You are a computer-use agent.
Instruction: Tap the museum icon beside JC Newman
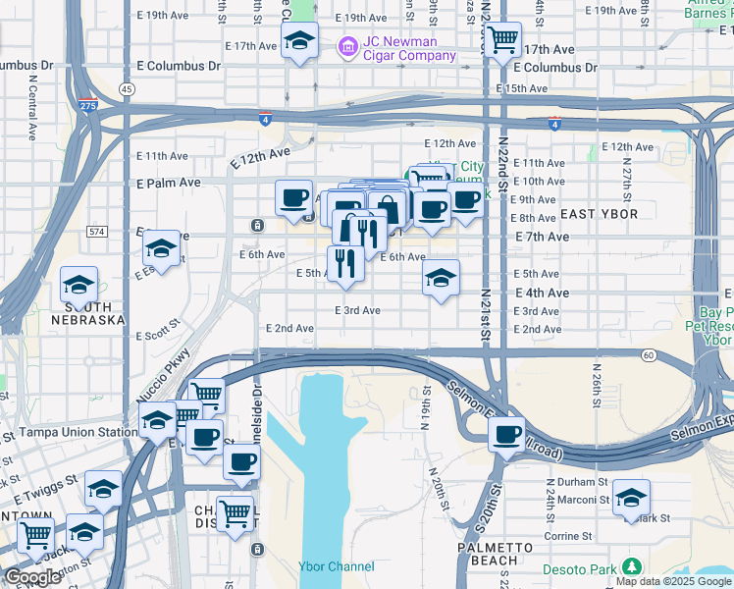[346, 47]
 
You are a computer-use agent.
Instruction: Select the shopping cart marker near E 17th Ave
[503, 40]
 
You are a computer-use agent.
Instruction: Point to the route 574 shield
[95, 232]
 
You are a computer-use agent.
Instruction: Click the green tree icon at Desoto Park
[632, 566]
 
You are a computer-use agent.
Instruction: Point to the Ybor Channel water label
[337, 566]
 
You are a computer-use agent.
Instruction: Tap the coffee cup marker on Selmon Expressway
[506, 434]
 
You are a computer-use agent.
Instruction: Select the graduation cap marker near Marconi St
[631, 496]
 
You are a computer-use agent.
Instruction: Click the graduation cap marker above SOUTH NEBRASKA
[79, 285]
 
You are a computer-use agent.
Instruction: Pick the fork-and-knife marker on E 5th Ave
[344, 263]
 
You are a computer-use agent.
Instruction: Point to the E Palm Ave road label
[168, 183]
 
